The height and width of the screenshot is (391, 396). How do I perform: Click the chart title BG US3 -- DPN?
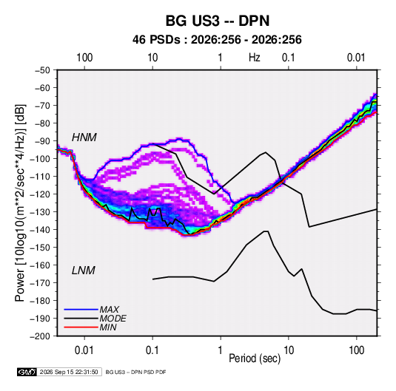pos(218,21)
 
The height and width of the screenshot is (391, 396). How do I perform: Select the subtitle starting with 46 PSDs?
pos(217,40)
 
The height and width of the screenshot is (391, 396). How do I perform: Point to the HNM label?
pos(84,137)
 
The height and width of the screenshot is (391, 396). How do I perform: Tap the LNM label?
pos(84,271)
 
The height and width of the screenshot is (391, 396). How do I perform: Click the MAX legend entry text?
pos(109,310)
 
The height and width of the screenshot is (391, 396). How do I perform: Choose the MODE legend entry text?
pos(113,319)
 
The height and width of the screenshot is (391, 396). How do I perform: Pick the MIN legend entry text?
pos(108,327)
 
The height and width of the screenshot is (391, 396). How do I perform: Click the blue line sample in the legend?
pos(81,310)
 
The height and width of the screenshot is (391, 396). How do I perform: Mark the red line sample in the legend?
pos(81,327)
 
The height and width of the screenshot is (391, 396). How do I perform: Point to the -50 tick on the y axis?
pos(42,70)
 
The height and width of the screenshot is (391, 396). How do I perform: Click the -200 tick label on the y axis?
pos(40,336)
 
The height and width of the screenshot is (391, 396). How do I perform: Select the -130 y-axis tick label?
pos(40,212)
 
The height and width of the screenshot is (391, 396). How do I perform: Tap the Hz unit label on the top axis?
pos(255,58)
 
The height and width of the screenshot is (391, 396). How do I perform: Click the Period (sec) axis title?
pos(255,358)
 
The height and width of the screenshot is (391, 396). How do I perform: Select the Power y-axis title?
pos(20,203)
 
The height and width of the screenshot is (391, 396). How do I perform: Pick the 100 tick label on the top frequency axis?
pos(84,58)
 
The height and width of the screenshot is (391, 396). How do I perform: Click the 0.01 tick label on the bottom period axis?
pos(84,350)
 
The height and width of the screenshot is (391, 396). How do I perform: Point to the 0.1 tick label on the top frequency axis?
pos(289,58)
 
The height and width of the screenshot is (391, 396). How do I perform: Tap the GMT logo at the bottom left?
pos(27,372)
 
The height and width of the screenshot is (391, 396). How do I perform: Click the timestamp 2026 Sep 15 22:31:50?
pos(69,372)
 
